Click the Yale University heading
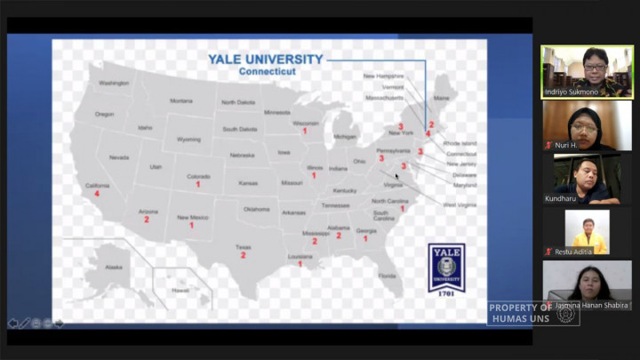265,60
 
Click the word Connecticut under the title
266,71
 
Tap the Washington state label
114,83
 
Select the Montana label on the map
181,100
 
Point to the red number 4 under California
97,194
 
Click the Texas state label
243,247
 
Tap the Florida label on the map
387,276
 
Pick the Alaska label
114,267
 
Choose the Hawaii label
180,291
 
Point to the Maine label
441,98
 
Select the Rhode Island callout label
460,143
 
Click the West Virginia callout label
460,204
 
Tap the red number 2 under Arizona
147,220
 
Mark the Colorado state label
198,176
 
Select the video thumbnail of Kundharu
587,178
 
